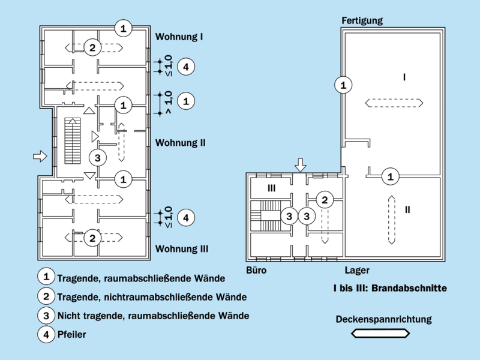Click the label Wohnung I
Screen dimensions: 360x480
click(x=179, y=37)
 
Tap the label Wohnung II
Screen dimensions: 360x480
click(x=181, y=143)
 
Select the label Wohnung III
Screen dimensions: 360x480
click(x=182, y=248)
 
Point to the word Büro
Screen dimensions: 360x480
click(x=256, y=271)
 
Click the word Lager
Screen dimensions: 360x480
click(x=357, y=271)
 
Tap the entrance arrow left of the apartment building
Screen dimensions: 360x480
click(x=40, y=157)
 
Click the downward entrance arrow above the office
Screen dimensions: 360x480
click(x=301, y=164)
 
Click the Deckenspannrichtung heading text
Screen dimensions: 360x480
click(x=383, y=319)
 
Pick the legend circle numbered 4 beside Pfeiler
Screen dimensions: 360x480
click(x=46, y=335)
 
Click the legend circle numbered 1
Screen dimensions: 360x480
click(x=46, y=277)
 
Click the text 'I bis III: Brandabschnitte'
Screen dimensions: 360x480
click(x=390, y=289)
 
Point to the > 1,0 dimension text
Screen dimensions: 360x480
click(x=168, y=101)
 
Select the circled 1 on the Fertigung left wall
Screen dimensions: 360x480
click(x=343, y=85)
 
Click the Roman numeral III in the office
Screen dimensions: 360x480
click(x=271, y=188)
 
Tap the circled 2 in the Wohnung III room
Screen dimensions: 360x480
click(x=92, y=238)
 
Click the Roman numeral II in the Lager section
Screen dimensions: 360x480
click(x=407, y=209)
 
